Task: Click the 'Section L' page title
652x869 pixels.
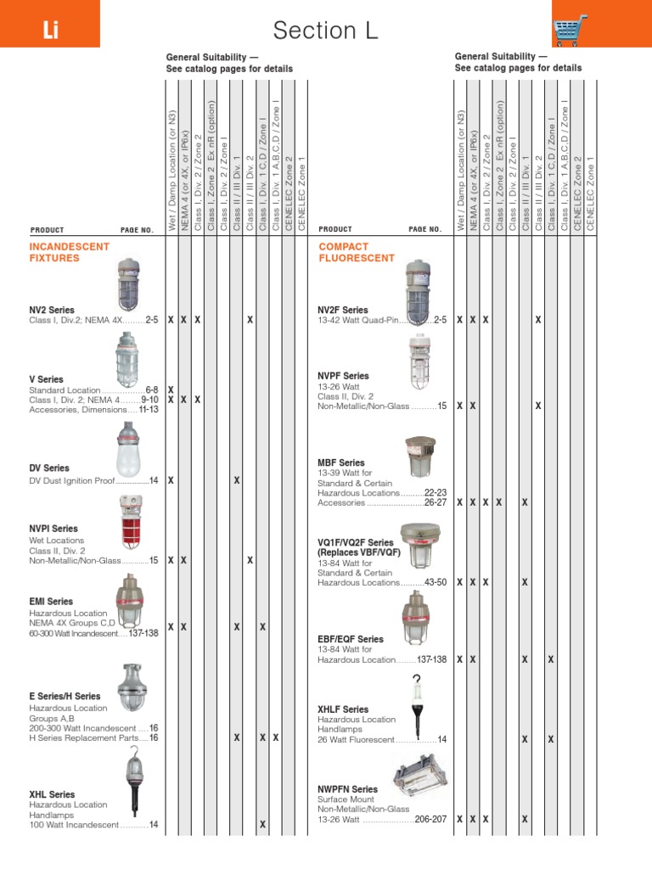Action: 325,31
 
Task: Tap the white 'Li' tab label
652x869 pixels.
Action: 49,32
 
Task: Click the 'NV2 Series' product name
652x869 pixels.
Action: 52,310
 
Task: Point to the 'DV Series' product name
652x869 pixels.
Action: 49,468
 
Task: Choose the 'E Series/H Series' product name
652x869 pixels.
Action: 65,696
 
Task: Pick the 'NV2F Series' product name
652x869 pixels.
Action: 343,310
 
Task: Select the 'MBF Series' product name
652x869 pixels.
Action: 340,463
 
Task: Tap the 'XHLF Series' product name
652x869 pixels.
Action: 343,709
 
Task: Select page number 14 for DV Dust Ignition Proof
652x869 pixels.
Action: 154,480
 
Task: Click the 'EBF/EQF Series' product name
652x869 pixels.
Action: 351,639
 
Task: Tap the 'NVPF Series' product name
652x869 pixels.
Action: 343,375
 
